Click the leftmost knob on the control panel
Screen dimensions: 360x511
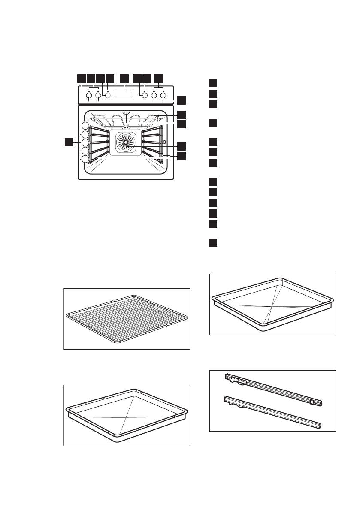(x=89, y=97)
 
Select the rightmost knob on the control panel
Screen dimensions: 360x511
(x=163, y=97)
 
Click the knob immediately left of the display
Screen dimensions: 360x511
(x=107, y=96)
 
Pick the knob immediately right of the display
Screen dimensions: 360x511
(x=145, y=96)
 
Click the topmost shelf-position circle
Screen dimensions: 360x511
(x=85, y=126)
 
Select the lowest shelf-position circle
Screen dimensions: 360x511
(x=85, y=159)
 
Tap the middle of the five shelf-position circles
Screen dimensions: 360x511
(x=85, y=142)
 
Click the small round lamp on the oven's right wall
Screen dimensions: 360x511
(x=163, y=142)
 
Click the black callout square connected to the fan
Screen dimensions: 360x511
(x=182, y=146)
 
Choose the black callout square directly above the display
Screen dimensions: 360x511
(x=124, y=78)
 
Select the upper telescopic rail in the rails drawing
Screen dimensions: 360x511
(x=274, y=390)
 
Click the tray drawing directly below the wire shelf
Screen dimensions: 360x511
(x=127, y=415)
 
